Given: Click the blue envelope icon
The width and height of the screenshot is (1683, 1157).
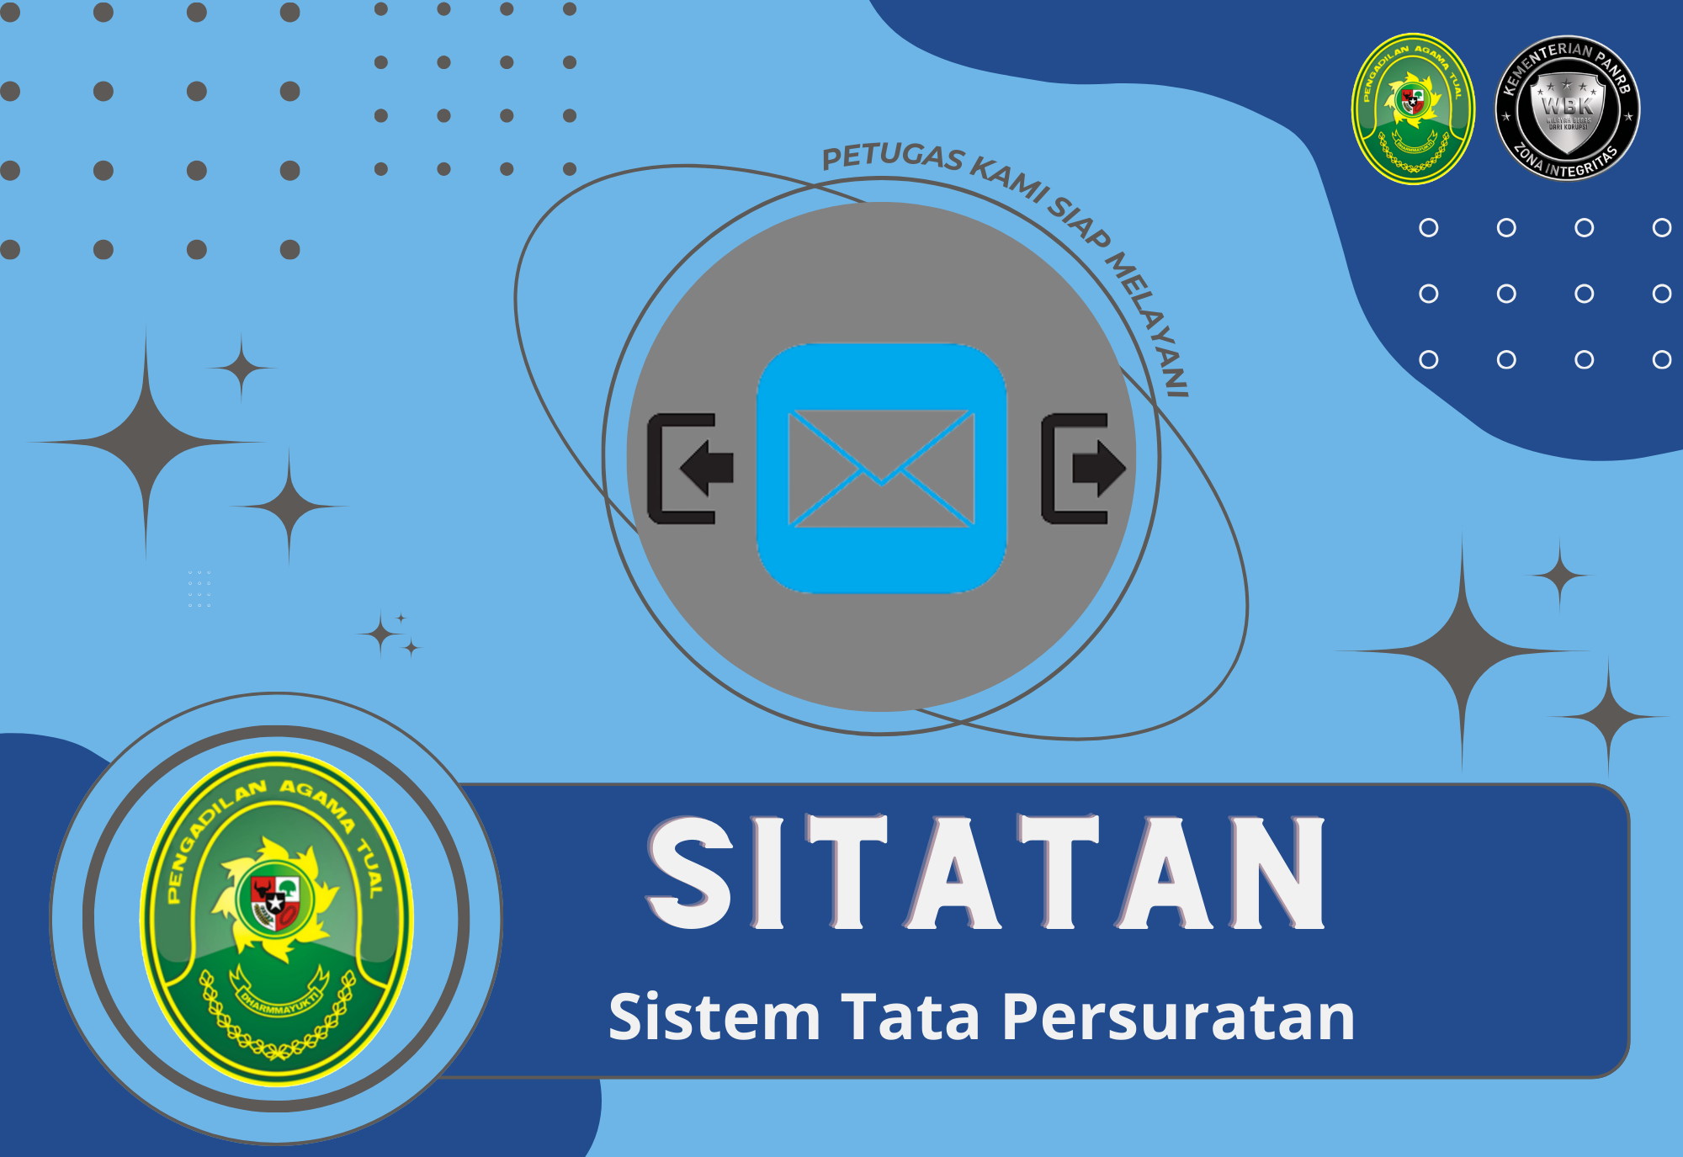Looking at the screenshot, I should click(881, 468).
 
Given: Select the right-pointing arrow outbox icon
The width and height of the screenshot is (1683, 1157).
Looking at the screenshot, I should click(1082, 468).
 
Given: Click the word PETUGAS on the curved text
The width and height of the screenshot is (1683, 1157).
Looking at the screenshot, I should click(892, 157).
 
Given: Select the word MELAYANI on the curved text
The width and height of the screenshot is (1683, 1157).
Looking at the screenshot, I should click(1148, 324).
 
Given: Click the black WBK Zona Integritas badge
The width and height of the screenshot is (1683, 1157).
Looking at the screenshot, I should click(1567, 108).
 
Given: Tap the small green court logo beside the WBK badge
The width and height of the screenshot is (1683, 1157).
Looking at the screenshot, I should click(1413, 108).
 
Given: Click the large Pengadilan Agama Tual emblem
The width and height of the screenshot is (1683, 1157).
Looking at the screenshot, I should click(276, 917).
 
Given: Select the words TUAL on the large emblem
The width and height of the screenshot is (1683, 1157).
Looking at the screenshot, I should click(370, 867).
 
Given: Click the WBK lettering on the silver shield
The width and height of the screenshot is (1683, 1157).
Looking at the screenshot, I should click(1567, 106).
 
